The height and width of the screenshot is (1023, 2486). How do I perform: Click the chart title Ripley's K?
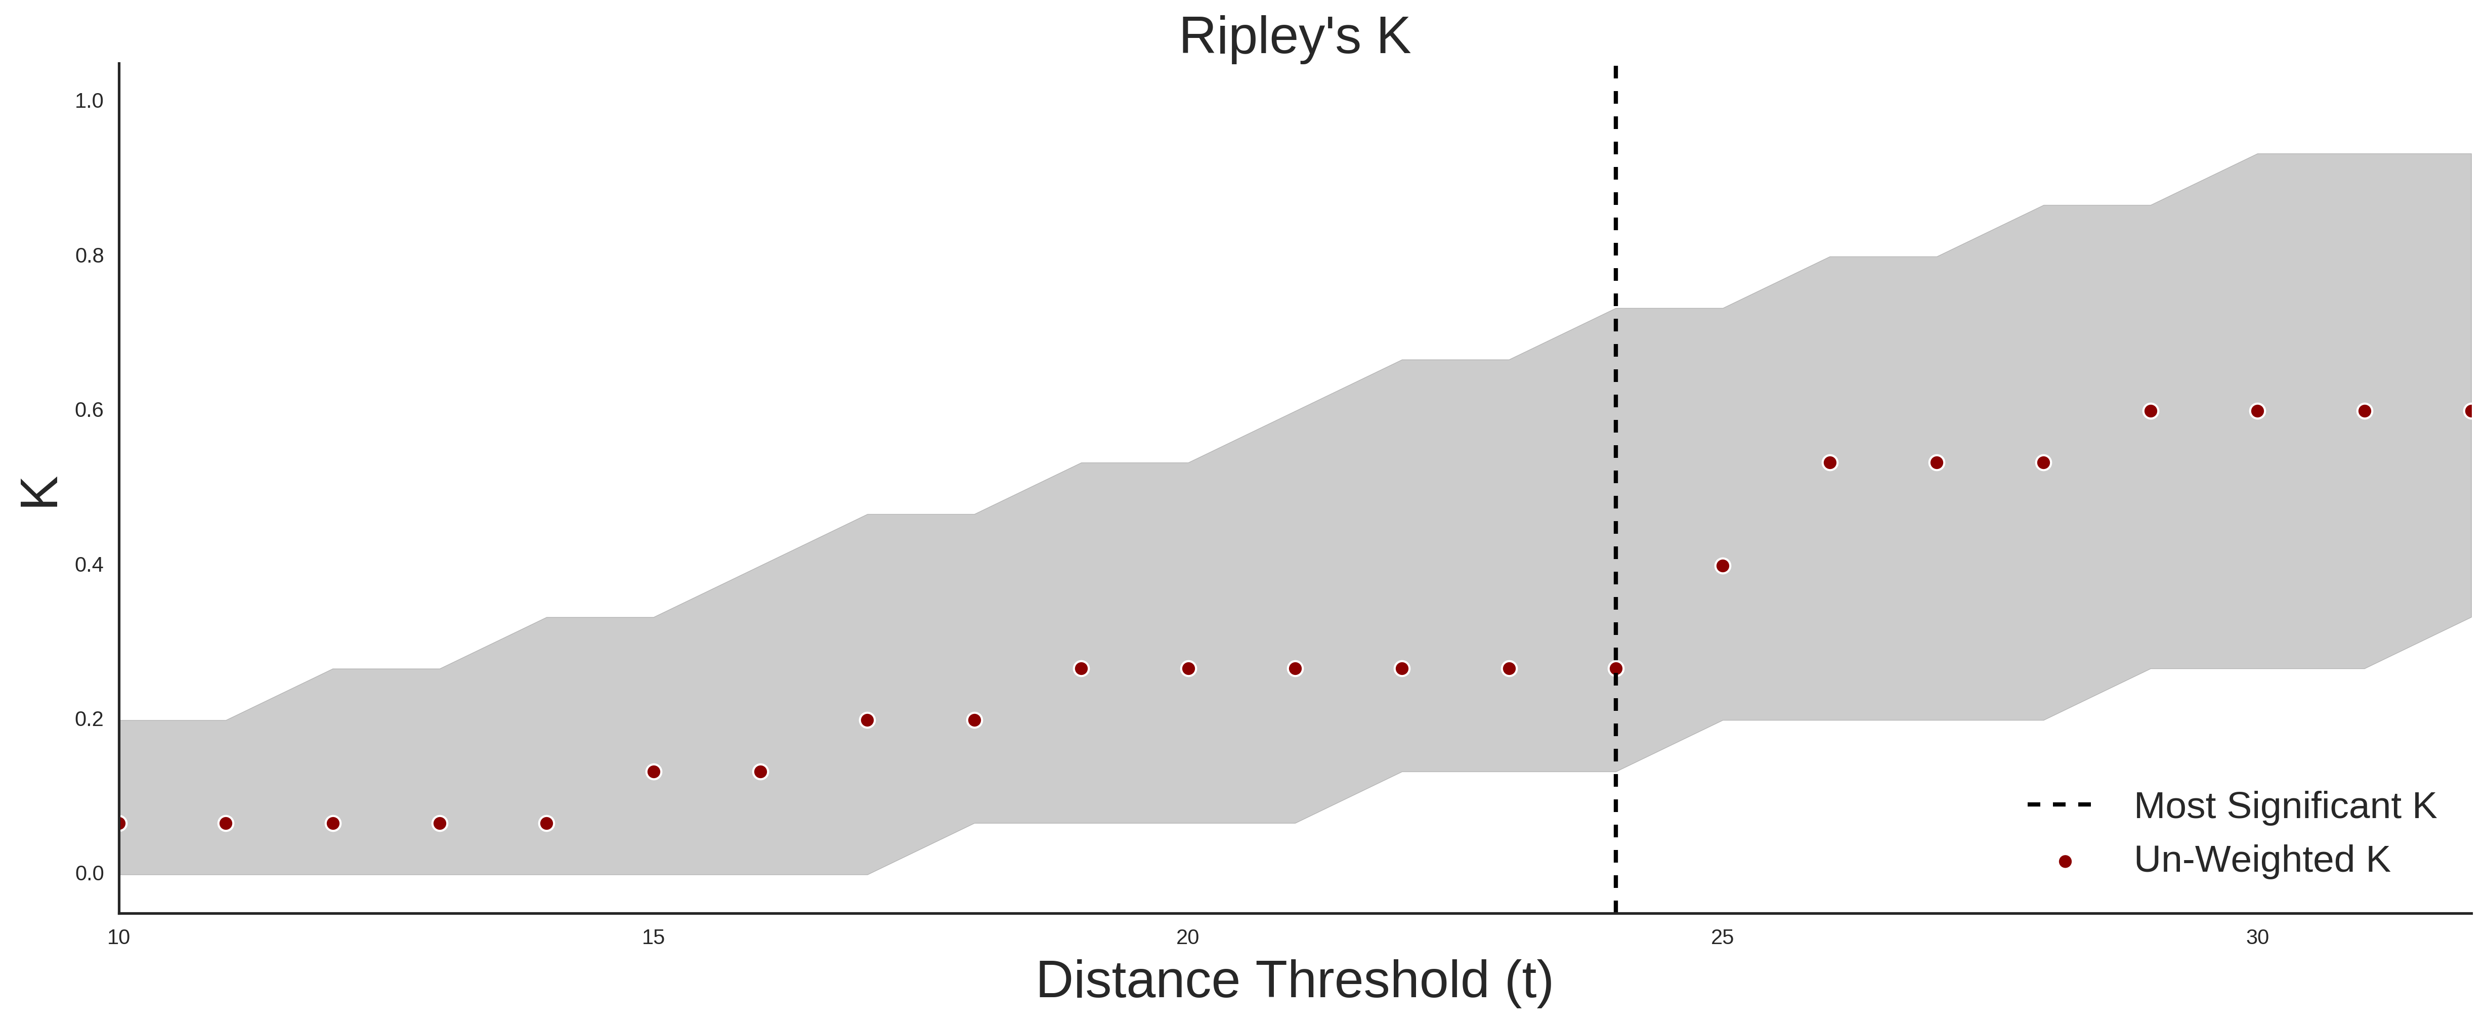click(1294, 36)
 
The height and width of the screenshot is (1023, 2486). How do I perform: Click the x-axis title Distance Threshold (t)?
click(1294, 981)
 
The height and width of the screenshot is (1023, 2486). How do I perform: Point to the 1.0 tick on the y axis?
click(89, 101)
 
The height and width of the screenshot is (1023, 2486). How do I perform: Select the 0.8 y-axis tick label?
click(89, 256)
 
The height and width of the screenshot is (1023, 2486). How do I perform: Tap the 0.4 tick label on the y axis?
click(89, 565)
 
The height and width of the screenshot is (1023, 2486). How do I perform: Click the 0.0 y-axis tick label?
click(89, 873)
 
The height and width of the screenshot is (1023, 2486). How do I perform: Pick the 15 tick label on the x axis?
click(653, 937)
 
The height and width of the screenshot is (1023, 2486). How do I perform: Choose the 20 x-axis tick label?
click(1188, 937)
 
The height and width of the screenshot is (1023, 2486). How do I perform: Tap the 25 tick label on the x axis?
click(1723, 937)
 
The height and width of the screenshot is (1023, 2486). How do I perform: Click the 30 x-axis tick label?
click(2257, 937)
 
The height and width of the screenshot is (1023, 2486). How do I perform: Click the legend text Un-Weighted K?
click(2262, 860)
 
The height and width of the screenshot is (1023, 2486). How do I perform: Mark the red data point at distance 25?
click(1723, 566)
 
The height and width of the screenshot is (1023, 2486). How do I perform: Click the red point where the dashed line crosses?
click(1615, 669)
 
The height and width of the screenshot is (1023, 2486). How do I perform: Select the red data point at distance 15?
click(653, 772)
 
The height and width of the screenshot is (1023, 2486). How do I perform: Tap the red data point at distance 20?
click(1188, 669)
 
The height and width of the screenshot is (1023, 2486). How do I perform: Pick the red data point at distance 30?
click(2257, 411)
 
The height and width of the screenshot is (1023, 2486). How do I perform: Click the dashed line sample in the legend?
click(2060, 804)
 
